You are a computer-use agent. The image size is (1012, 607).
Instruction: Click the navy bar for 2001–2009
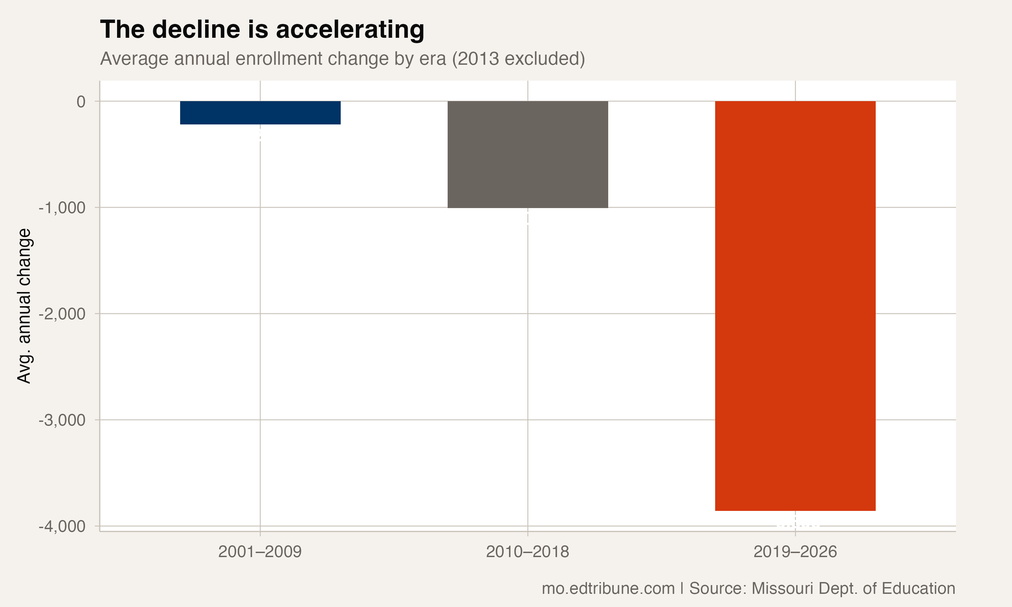click(260, 113)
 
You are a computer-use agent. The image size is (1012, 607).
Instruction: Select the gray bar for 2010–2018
click(528, 154)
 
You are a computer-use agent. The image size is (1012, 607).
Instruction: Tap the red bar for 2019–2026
click(795, 306)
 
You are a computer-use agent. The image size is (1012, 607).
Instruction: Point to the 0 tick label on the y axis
click(81, 102)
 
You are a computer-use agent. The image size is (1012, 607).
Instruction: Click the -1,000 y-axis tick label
click(62, 208)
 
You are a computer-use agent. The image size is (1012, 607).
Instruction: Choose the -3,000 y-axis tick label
click(62, 420)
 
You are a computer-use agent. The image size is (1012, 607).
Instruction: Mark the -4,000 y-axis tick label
click(62, 526)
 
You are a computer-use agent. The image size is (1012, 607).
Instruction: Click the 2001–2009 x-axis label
click(260, 552)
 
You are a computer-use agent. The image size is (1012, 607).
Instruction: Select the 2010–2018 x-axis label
click(527, 552)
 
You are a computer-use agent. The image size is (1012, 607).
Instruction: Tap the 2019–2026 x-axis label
click(795, 552)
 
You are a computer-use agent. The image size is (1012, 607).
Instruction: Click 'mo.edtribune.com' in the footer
click(608, 588)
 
